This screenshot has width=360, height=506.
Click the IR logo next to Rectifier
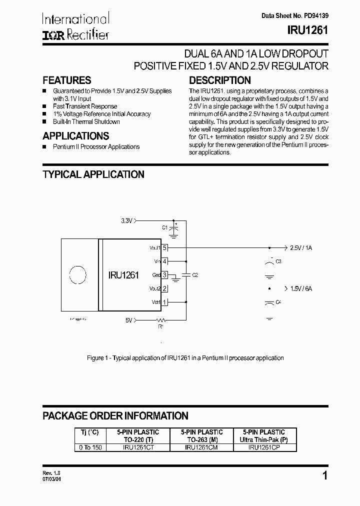point(51,34)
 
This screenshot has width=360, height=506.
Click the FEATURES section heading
point(67,80)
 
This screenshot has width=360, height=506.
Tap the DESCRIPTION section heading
point(220,80)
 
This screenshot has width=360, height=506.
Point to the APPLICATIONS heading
point(75,136)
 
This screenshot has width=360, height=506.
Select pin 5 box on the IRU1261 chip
point(164,247)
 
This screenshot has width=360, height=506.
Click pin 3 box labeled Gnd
point(164,275)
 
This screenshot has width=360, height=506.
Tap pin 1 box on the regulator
point(164,302)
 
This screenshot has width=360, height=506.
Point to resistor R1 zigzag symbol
point(160,320)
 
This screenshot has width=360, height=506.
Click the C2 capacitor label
point(195,275)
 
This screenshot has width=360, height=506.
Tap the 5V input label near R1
point(129,320)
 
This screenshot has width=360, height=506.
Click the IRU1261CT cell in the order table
point(138,447)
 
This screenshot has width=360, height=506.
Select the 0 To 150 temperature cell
point(90,447)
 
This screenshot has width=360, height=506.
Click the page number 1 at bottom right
point(325,476)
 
